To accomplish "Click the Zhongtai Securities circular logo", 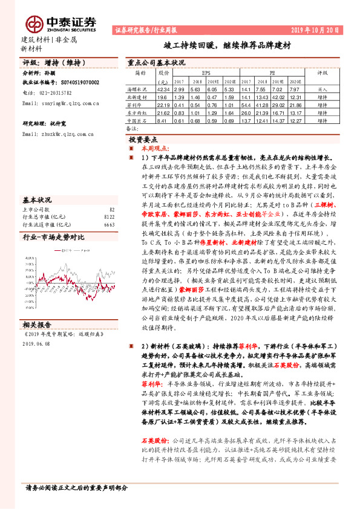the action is point(34,23).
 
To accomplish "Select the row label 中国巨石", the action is point(138,120).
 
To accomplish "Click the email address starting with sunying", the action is point(60,103).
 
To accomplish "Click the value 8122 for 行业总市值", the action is point(110,216).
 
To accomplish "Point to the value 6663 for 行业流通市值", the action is point(110,224).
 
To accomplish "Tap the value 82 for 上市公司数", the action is point(111,209).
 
